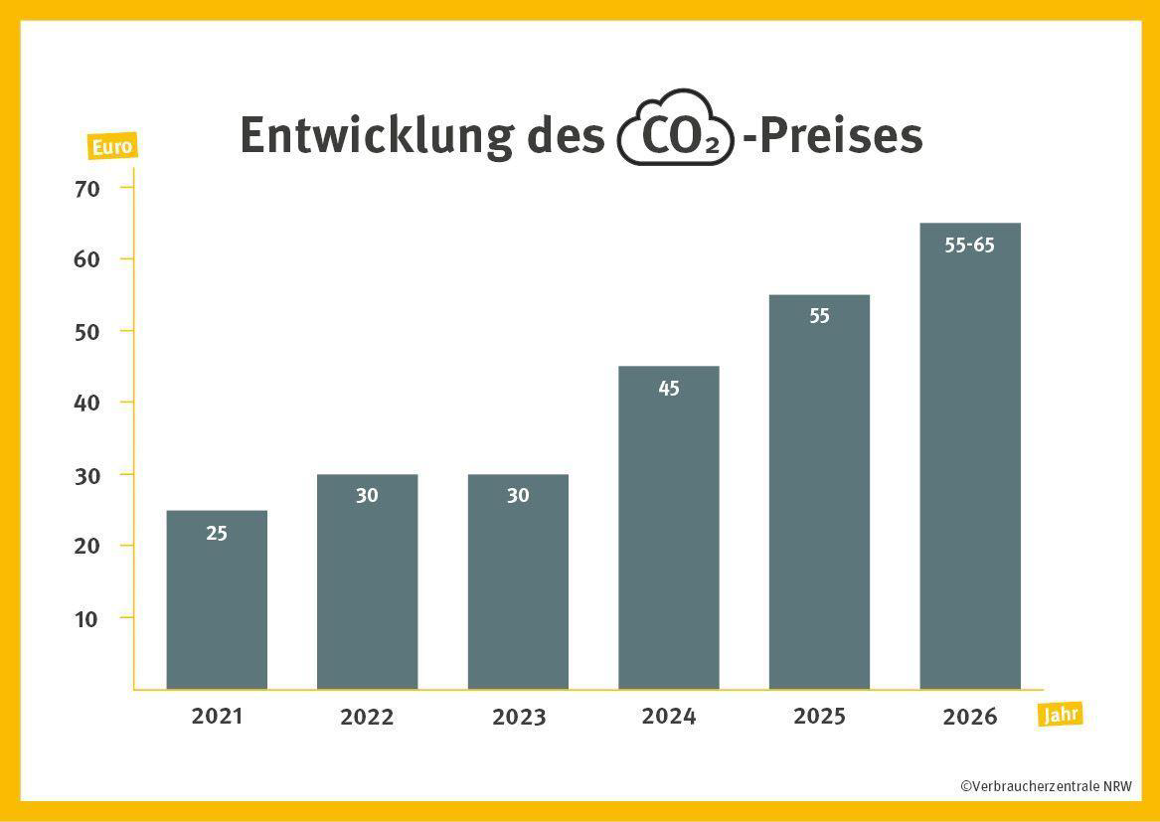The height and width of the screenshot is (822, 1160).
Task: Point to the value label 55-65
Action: pyautogui.click(x=969, y=245)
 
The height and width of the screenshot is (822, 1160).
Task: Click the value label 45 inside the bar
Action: pyautogui.click(x=669, y=389)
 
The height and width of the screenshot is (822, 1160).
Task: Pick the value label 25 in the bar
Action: pyautogui.click(x=217, y=534)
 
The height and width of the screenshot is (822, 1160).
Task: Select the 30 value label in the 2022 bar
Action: pyautogui.click(x=367, y=495)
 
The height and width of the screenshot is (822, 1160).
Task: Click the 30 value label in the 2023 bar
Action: pyautogui.click(x=518, y=495)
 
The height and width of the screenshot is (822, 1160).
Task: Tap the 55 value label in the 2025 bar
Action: pyautogui.click(x=819, y=316)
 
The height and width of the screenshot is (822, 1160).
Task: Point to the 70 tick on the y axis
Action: pyautogui.click(x=87, y=188)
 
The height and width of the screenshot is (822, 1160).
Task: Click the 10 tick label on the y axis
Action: pyautogui.click(x=87, y=618)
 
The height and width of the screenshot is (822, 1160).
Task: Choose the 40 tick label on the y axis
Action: pyautogui.click(x=87, y=403)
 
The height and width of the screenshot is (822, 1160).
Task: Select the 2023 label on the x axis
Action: pyautogui.click(x=518, y=717)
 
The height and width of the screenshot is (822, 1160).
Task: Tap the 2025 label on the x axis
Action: pyautogui.click(x=819, y=716)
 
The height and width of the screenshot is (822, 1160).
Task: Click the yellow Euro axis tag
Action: pyautogui.click(x=110, y=147)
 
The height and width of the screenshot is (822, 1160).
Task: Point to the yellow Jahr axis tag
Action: pyautogui.click(x=1060, y=714)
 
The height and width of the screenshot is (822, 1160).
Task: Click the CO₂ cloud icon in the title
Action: pyautogui.click(x=676, y=130)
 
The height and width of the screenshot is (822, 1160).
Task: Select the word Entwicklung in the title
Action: pyautogui.click(x=373, y=135)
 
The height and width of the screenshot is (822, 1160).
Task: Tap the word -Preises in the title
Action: pyautogui.click(x=833, y=135)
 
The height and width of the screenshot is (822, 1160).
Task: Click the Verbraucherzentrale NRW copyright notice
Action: pyautogui.click(x=1046, y=785)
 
